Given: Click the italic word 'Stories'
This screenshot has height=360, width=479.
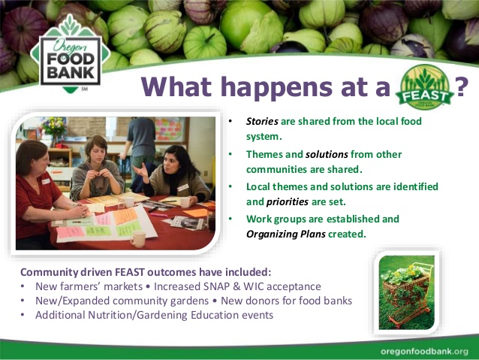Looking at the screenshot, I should pyautogui.click(x=263, y=121).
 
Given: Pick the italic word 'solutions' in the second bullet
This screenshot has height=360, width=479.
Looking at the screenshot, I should pyautogui.click(x=327, y=154).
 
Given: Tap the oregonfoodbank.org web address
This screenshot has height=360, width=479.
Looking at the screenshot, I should pyautogui.click(x=423, y=351).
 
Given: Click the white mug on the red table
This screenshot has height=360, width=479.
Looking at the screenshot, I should pyautogui.click(x=137, y=239).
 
